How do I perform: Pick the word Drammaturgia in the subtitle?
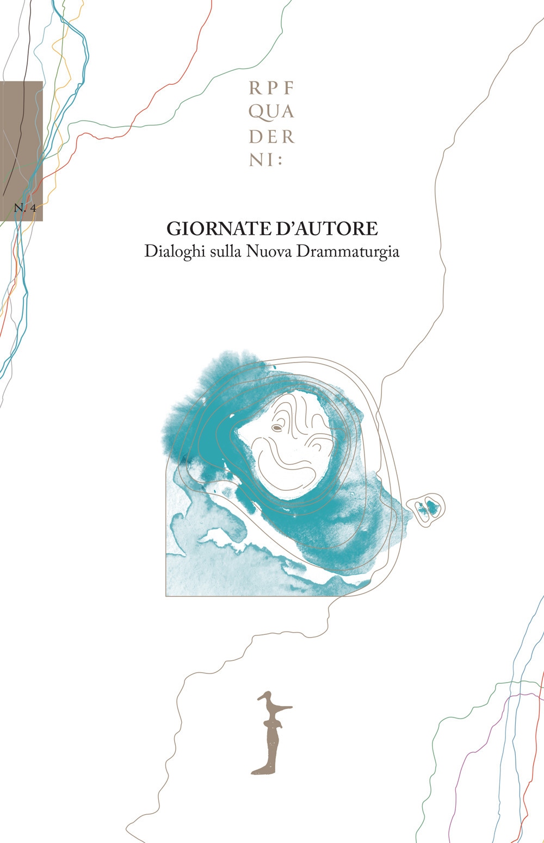[346, 253]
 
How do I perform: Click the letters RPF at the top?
[271, 87]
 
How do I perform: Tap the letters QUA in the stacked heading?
[271, 112]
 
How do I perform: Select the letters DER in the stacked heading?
[271, 137]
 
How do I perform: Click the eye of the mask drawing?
[277, 428]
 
